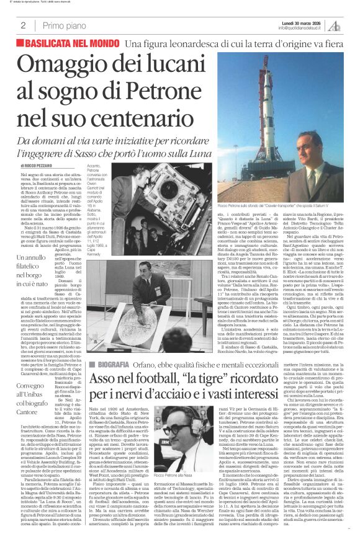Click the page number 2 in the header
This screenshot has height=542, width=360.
22,25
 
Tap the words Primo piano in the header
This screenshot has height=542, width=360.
62,25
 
